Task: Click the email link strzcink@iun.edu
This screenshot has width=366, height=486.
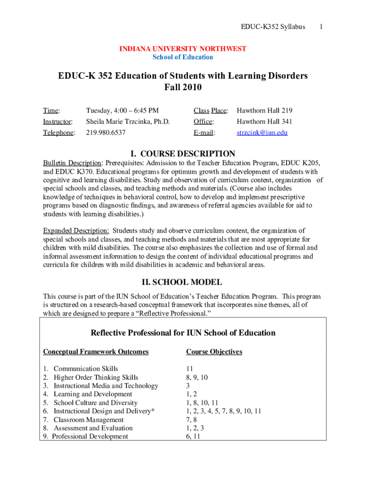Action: pyautogui.click(x=262, y=133)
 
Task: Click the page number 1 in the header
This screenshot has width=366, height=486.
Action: pyautogui.click(x=321, y=27)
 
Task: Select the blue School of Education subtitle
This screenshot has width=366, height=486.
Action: pyautogui.click(x=183, y=57)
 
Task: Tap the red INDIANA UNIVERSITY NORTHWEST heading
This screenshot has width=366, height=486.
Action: pyautogui.click(x=183, y=49)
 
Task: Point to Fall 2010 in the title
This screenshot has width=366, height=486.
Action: pyautogui.click(x=183, y=87)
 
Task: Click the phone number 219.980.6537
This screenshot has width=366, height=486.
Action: pyautogui.click(x=106, y=133)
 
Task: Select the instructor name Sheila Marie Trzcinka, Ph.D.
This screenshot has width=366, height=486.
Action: pyautogui.click(x=127, y=121)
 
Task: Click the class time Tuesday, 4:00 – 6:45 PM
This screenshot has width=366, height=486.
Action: pyautogui.click(x=122, y=111)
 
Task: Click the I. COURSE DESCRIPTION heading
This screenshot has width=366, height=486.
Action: pyautogui.click(x=183, y=154)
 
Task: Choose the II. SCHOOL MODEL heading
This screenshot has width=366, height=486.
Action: pyautogui.click(x=183, y=282)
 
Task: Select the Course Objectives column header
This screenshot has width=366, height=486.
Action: pyautogui.click(x=214, y=352)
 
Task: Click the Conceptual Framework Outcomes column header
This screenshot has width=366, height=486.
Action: pyautogui.click(x=96, y=352)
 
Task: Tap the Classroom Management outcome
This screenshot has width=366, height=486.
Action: pyautogui.click(x=88, y=420)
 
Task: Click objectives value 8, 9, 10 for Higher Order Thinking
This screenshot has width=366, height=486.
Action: pyautogui.click(x=197, y=377)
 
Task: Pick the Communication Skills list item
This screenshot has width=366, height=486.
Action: pyautogui.click(x=86, y=369)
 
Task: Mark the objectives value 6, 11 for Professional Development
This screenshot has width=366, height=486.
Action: pyautogui.click(x=193, y=437)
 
